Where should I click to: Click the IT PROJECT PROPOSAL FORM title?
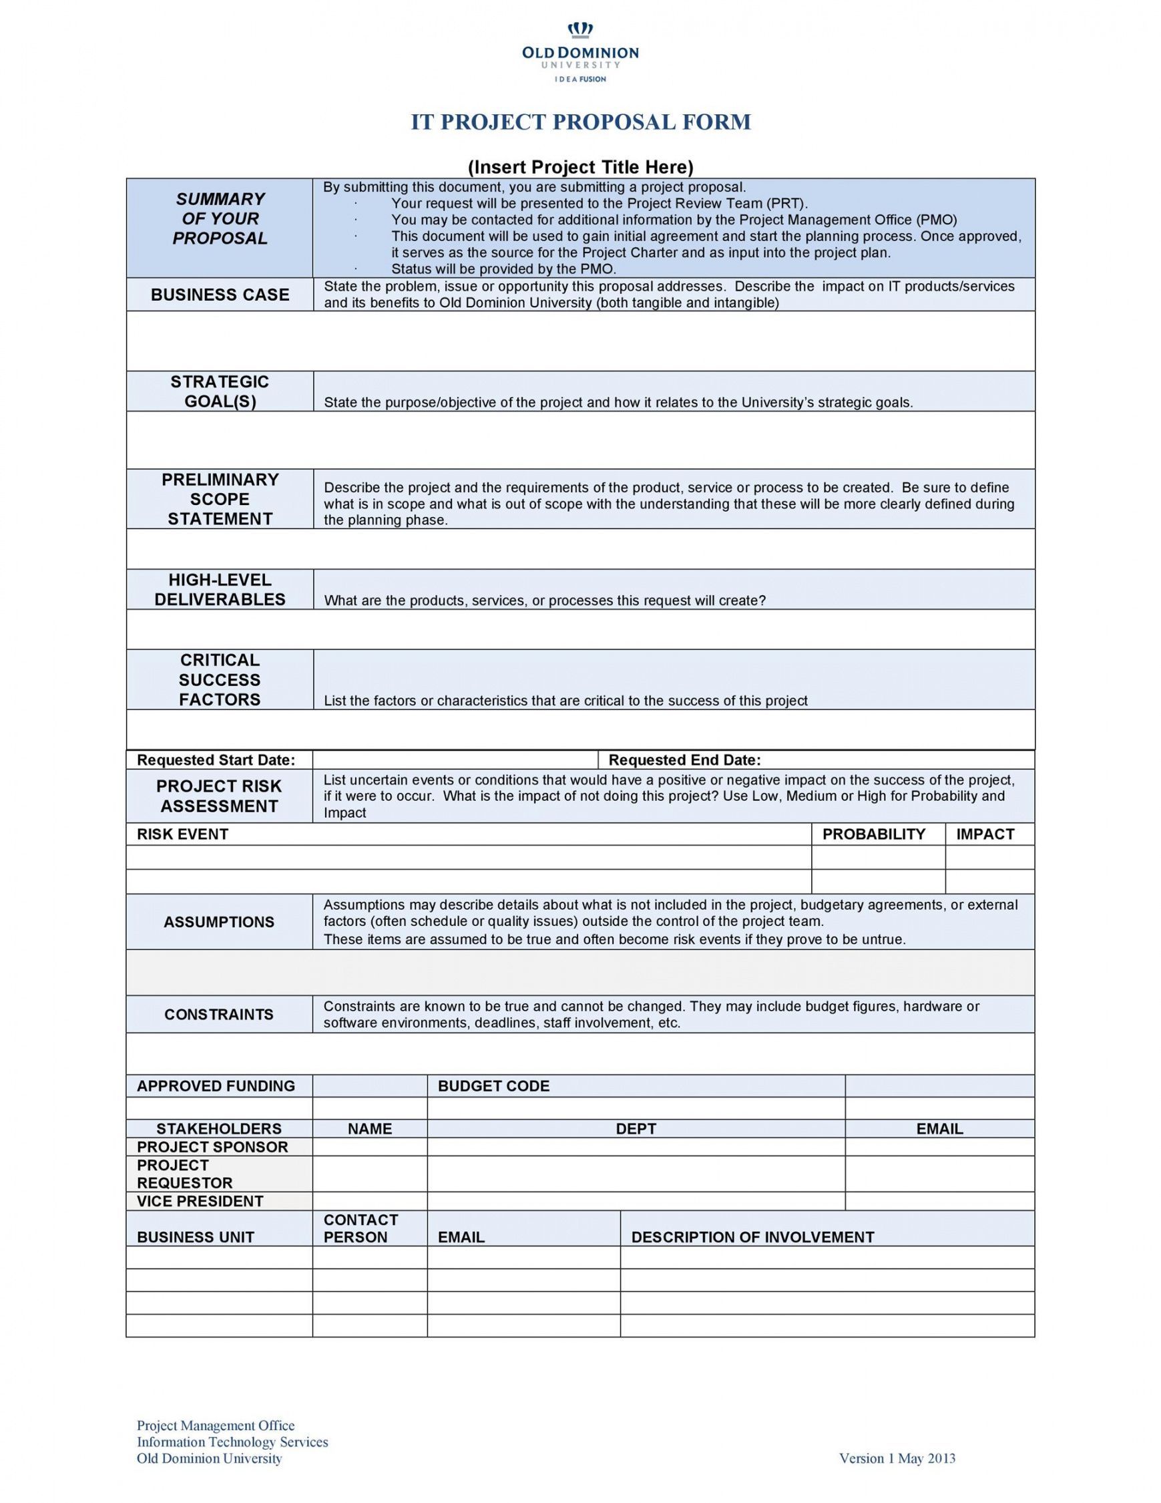tap(581, 122)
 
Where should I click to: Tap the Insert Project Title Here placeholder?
tap(581, 167)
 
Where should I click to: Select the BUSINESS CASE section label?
tap(220, 295)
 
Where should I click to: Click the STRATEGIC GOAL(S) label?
tap(220, 391)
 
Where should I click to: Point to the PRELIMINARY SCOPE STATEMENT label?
tap(220, 499)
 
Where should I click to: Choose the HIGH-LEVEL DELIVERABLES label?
tap(220, 590)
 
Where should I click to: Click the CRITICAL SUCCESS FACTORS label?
tap(220, 679)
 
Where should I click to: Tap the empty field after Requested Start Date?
tap(455, 760)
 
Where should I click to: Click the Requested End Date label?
tap(684, 760)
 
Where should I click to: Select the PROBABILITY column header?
tap(873, 834)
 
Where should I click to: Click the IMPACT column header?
tap(985, 834)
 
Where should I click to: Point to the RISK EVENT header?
tap(182, 834)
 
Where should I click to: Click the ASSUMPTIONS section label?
tap(219, 922)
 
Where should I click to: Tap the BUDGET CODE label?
tap(493, 1086)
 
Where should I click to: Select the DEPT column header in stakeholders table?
tap(636, 1129)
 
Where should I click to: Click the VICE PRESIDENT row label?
tap(200, 1201)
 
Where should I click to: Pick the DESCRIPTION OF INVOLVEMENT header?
tap(752, 1236)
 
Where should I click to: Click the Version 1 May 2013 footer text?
tap(897, 1458)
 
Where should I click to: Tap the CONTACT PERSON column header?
tap(361, 1228)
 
